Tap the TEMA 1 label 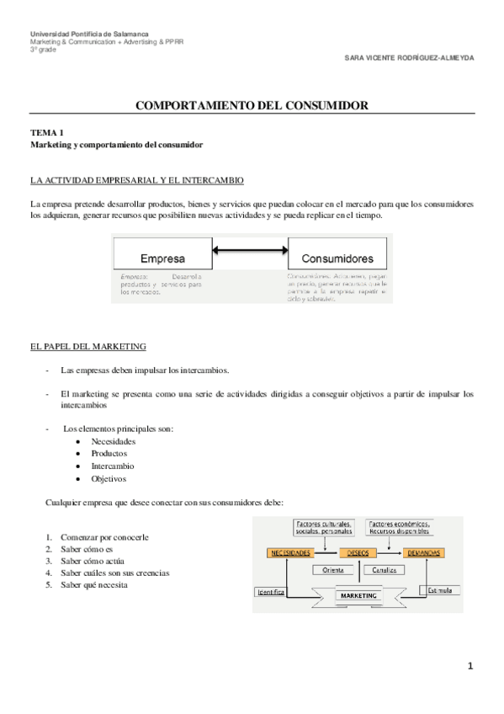(47, 133)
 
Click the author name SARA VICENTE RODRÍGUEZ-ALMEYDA (410, 59)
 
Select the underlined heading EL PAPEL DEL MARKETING (88, 347)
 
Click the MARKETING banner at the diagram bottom (358, 595)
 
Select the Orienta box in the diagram (333, 570)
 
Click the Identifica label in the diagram (270, 592)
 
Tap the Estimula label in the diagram (439, 590)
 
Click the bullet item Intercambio (112, 466)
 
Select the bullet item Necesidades (114, 441)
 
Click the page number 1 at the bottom (471, 667)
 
